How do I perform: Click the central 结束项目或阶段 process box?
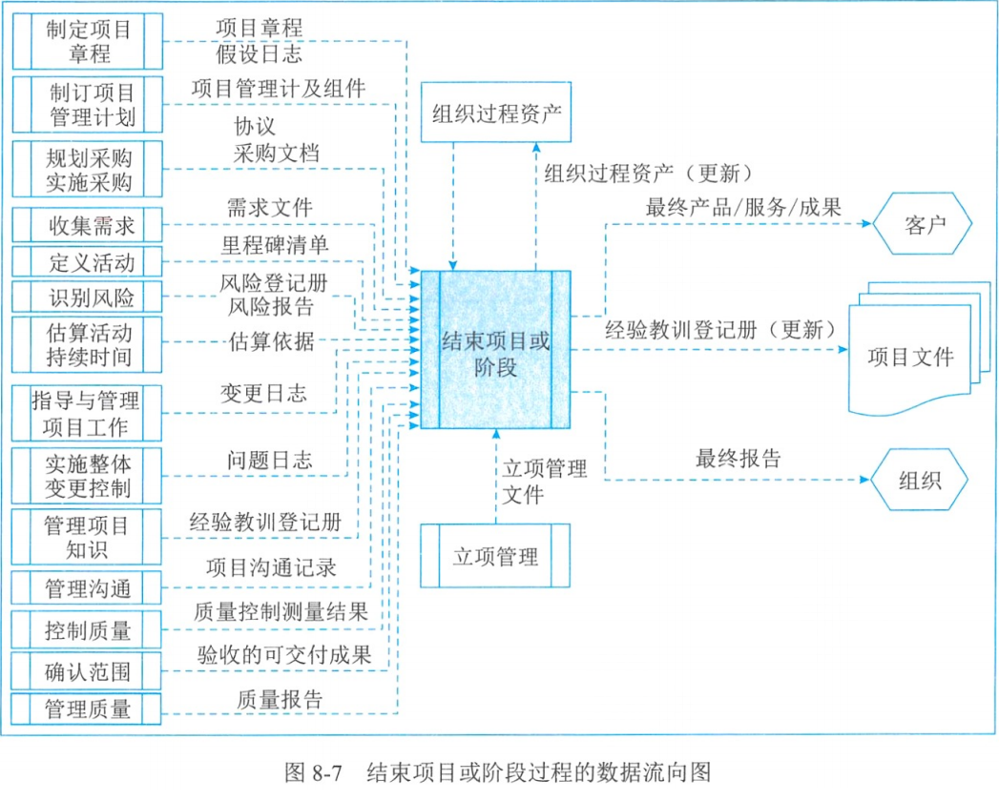click(495, 350)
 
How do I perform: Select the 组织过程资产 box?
click(495, 113)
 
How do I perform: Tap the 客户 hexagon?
click(922, 223)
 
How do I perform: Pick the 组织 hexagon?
click(920, 480)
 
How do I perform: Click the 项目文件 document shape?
click(919, 349)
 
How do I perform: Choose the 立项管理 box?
click(495, 555)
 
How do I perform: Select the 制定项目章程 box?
click(87, 41)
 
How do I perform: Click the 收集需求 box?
click(87, 225)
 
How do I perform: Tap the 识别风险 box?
click(87, 297)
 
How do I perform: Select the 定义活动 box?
click(87, 261)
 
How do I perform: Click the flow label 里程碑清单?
click(275, 245)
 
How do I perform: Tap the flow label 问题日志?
click(269, 460)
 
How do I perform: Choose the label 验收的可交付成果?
click(284, 654)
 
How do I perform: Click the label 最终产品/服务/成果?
click(743, 207)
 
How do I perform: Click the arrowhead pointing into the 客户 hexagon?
click(866, 223)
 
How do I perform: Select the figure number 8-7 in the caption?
click(327, 773)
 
